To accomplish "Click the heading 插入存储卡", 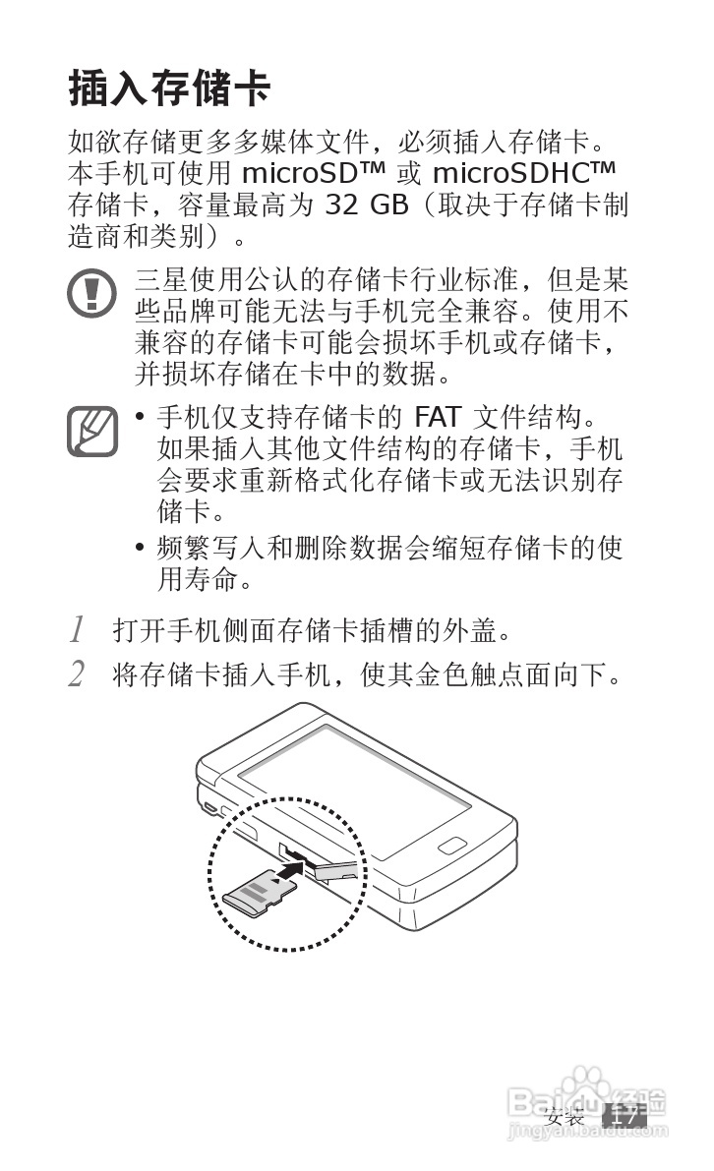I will (x=169, y=88).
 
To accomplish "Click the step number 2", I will (x=77, y=674).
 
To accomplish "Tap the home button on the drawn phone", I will (x=452, y=847).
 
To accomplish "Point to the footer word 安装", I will (x=565, y=1117).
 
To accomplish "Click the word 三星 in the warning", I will (x=158, y=280).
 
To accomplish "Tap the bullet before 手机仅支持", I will (x=141, y=419).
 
